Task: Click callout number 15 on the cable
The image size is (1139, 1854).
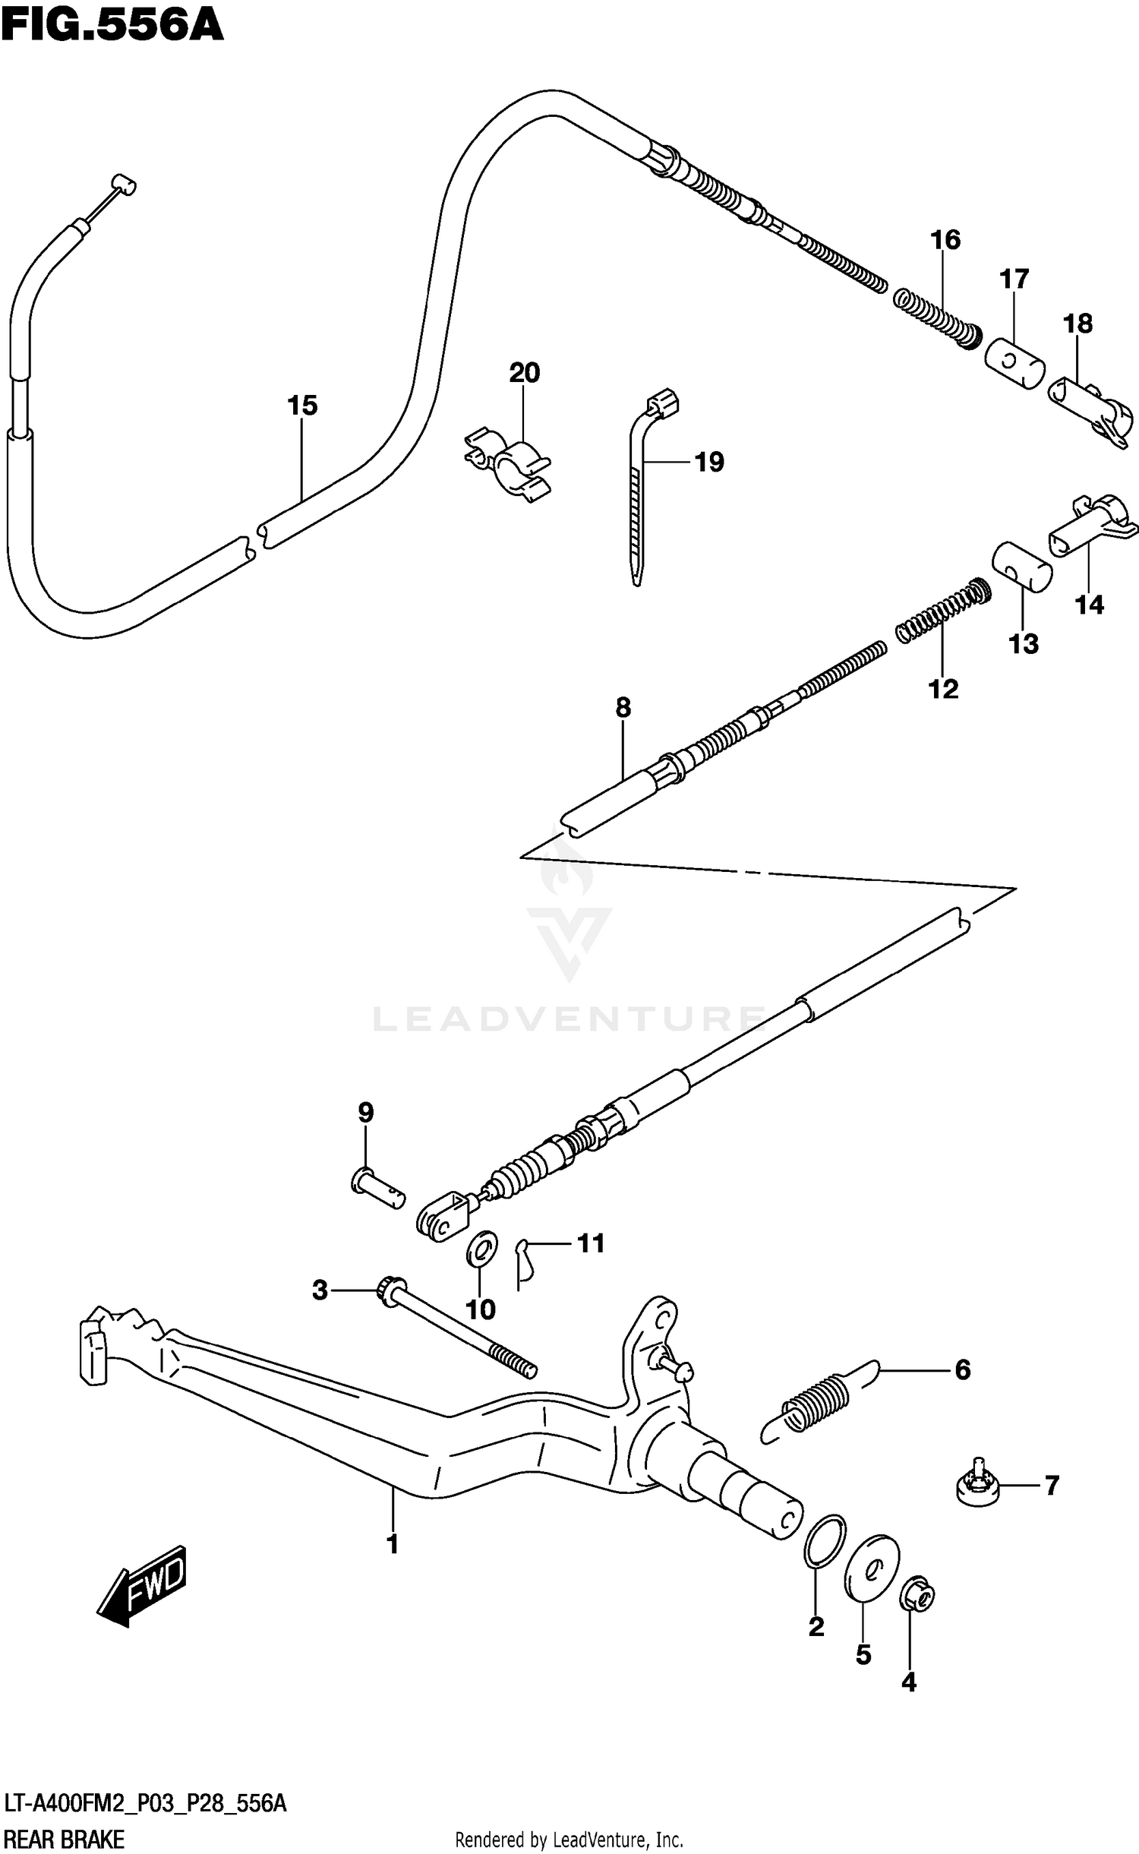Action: [301, 406]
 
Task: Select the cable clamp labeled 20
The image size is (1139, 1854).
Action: [507, 464]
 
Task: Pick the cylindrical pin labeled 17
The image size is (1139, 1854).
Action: [1014, 364]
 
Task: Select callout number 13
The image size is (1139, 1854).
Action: [1023, 644]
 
